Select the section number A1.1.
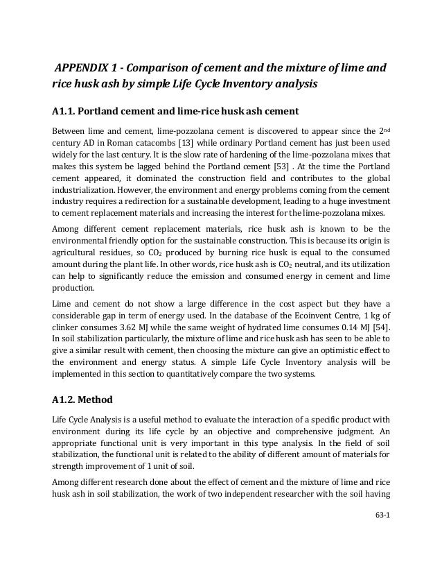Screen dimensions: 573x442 coord(66,110)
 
